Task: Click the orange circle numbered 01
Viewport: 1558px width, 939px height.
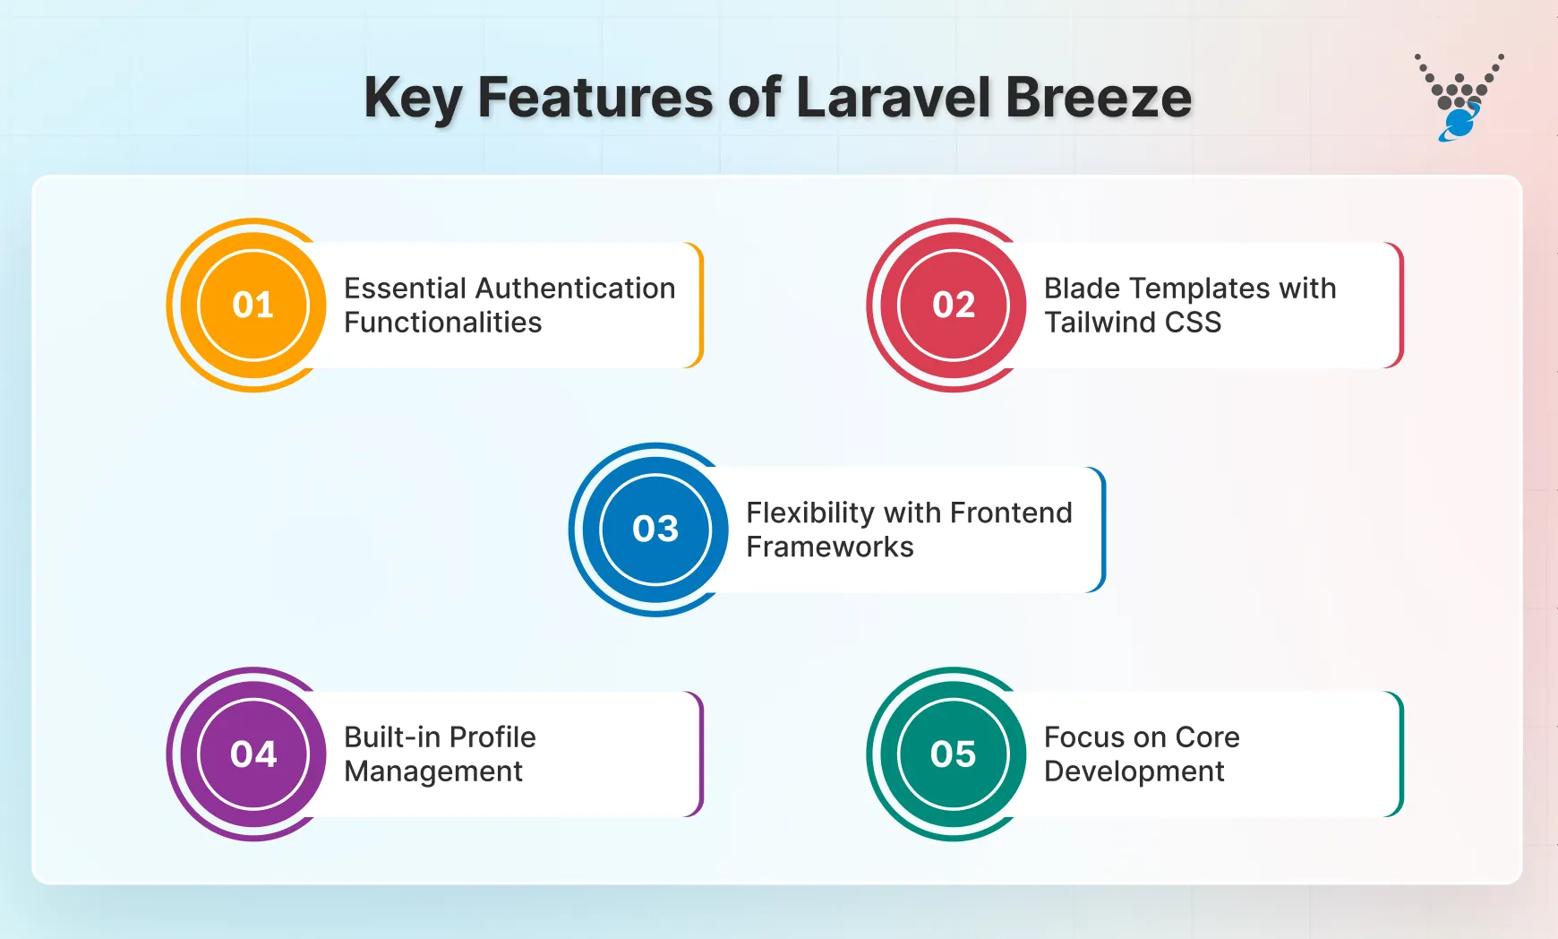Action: [253, 306]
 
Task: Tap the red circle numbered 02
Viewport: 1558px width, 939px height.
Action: [954, 306]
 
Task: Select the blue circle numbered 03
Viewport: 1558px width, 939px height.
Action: [655, 530]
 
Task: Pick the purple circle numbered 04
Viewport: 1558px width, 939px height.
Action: [253, 754]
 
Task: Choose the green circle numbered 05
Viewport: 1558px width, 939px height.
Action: [954, 754]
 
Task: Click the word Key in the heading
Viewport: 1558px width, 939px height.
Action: [413, 99]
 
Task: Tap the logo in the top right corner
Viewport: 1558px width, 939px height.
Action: [1459, 98]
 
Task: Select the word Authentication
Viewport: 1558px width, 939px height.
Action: [576, 289]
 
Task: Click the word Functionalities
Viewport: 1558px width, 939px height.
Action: [443, 323]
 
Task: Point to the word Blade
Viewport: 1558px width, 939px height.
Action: [1082, 289]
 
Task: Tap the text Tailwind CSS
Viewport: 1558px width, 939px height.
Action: [1133, 323]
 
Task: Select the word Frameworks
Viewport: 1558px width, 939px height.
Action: [830, 547]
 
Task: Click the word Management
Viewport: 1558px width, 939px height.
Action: [433, 771]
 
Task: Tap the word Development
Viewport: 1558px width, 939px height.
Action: [1134, 771]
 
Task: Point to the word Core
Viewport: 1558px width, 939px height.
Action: [1207, 737]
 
